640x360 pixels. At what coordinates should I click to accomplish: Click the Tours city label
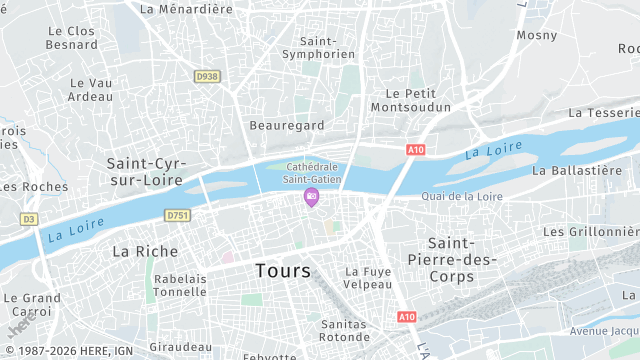[283, 271]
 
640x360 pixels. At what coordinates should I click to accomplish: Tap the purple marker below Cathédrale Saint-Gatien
[311, 198]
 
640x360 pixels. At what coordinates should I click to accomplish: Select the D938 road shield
[207, 76]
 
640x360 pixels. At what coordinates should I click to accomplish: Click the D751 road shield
[178, 215]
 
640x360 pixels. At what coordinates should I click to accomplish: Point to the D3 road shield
[28, 218]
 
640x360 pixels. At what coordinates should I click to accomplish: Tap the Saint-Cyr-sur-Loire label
[145, 171]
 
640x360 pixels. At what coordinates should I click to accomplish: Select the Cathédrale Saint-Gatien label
[313, 172]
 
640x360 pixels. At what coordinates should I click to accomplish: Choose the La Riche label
[145, 251]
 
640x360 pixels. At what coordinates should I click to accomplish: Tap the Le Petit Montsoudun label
[411, 99]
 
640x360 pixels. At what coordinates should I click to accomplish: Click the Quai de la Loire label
[462, 196]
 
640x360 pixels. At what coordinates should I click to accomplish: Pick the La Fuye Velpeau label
[368, 277]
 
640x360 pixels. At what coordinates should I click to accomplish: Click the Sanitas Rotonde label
[346, 330]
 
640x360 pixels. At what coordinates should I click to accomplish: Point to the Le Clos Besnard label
[72, 38]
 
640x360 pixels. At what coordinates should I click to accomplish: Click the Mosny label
[537, 35]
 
